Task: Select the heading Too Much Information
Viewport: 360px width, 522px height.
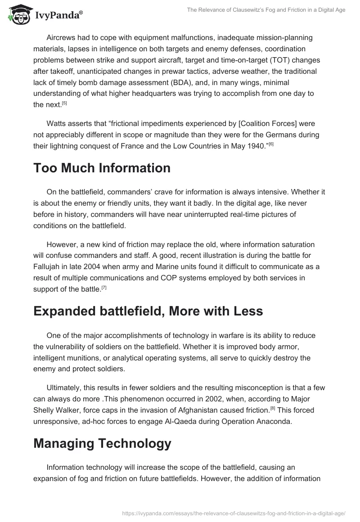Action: point(102,168)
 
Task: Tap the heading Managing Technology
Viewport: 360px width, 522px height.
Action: point(102,443)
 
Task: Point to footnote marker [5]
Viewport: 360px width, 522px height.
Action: point(64,103)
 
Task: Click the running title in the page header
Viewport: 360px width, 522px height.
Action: point(266,10)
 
